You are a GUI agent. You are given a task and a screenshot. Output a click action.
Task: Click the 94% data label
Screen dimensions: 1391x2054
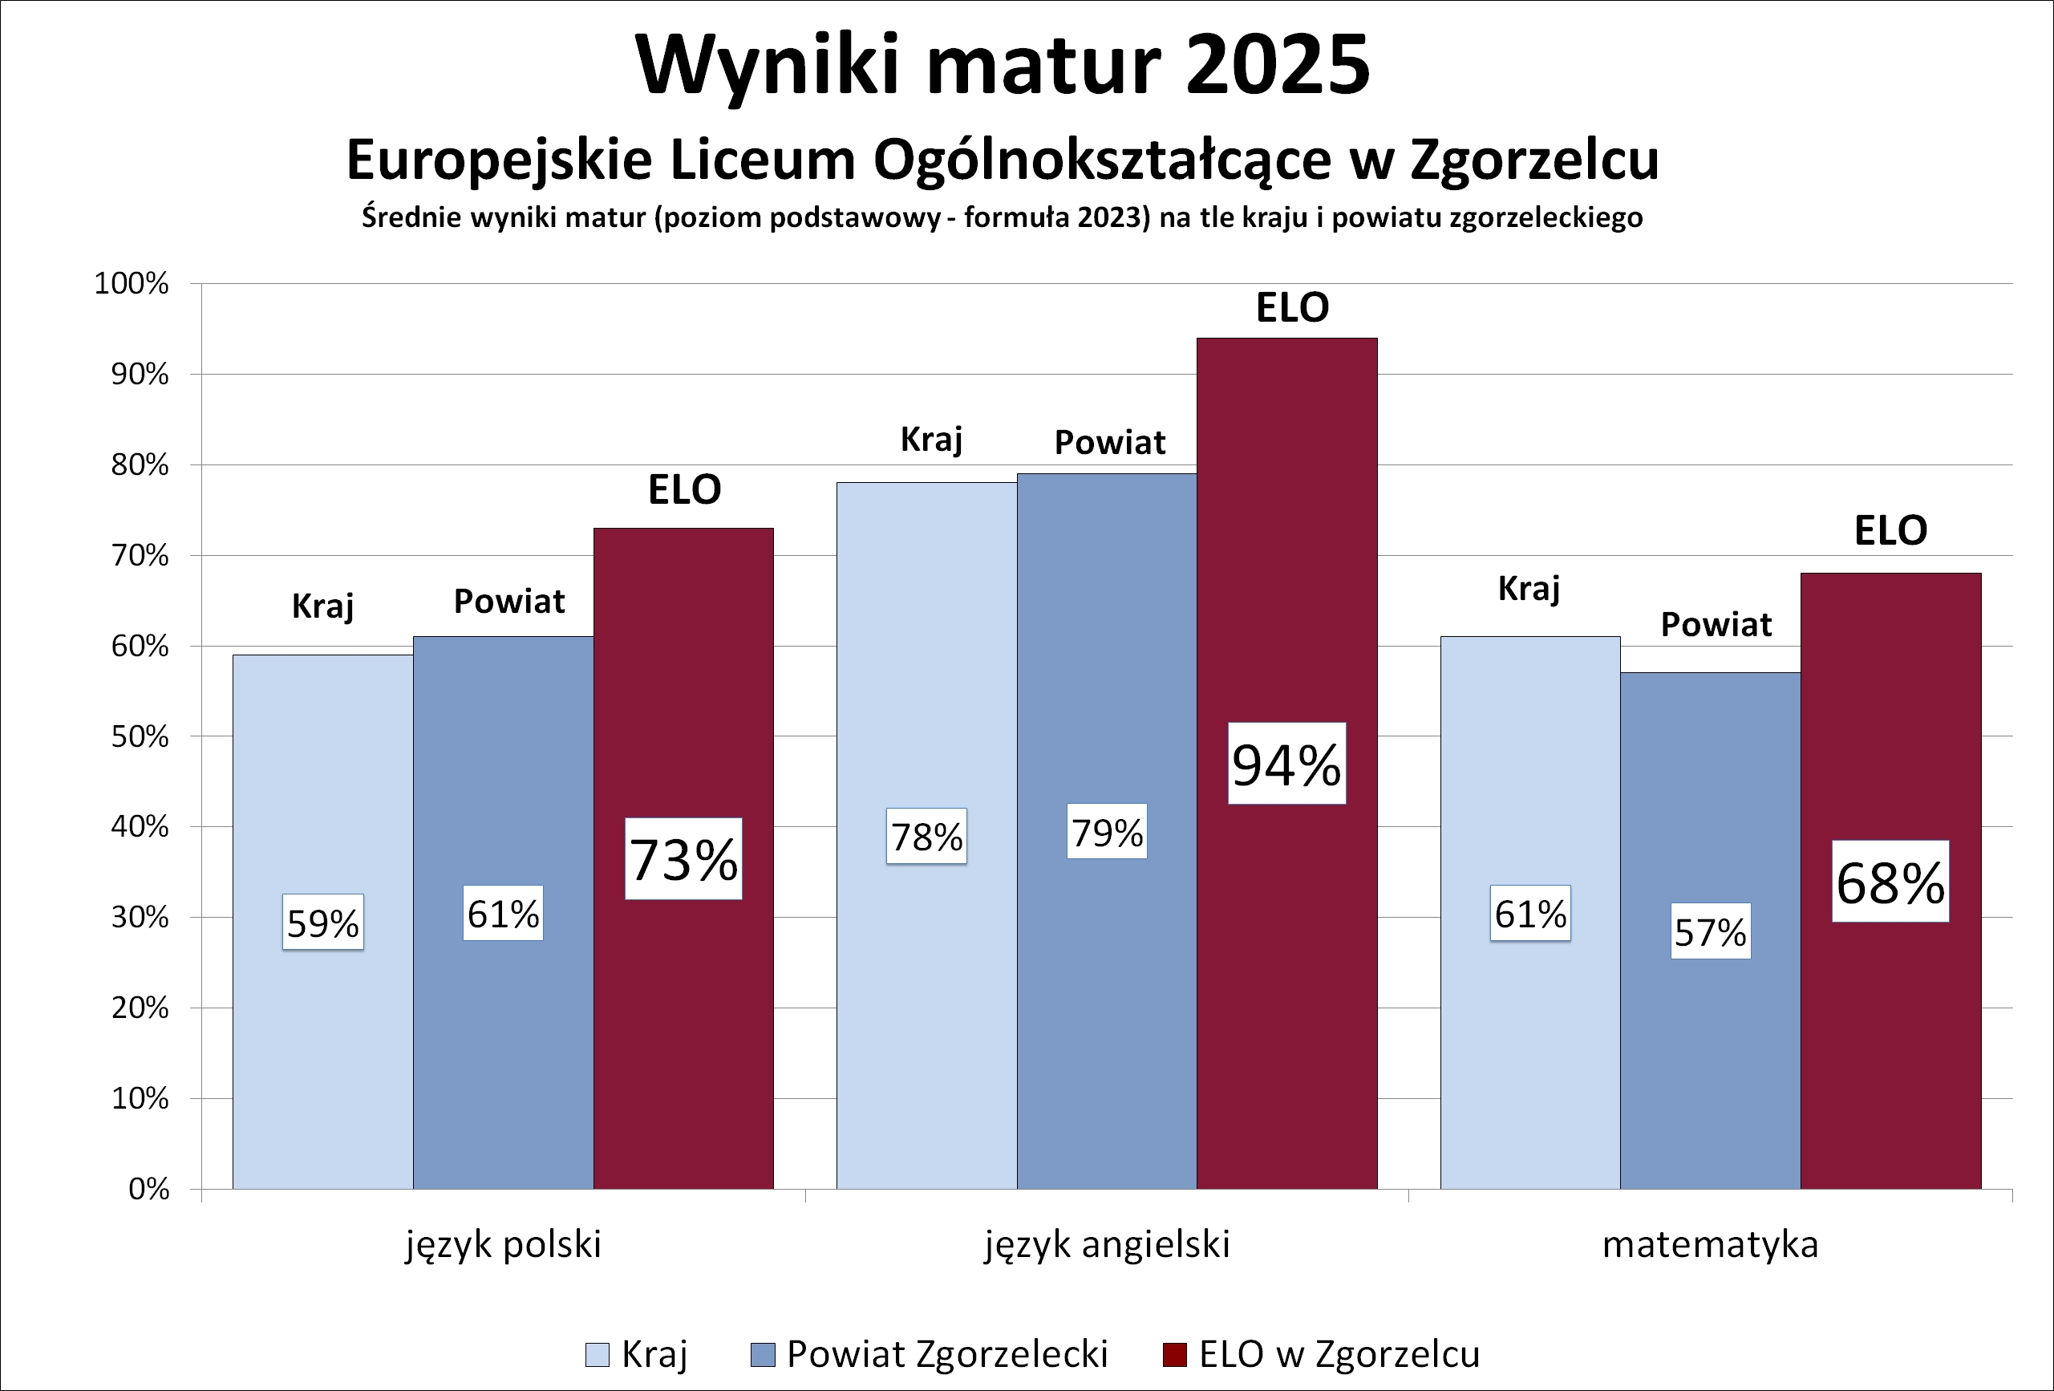pos(1286,764)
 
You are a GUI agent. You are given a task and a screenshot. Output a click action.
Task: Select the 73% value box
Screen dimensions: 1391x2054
pos(683,859)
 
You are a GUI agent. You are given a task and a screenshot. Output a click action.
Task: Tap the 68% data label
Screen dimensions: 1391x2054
pos(1890,882)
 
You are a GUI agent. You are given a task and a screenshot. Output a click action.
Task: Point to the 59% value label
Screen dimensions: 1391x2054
pos(322,923)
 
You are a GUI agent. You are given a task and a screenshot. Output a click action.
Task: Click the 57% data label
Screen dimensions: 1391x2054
pos(1710,931)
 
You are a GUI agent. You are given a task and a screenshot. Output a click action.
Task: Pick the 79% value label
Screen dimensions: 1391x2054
pos(1107,832)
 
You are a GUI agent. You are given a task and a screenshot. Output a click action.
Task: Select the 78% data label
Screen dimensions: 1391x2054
pos(926,836)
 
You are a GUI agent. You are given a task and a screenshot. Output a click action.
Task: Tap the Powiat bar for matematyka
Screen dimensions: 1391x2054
pos(1710,1060)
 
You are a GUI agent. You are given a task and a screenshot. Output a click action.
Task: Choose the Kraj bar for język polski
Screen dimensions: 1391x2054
pos(322,1060)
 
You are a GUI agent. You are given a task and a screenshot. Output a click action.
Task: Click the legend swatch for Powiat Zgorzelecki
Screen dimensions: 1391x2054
pos(762,1354)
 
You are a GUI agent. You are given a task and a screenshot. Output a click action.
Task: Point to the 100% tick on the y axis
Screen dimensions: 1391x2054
pos(132,284)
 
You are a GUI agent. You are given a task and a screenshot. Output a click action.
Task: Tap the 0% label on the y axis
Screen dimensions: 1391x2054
pos(148,1189)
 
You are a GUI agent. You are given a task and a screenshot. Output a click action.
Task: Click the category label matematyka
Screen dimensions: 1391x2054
pos(1710,1244)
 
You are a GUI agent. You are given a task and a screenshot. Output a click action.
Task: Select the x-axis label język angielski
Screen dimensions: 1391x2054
pos(1107,1244)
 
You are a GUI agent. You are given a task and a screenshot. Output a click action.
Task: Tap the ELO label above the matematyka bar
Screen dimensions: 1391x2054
pos(1890,530)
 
